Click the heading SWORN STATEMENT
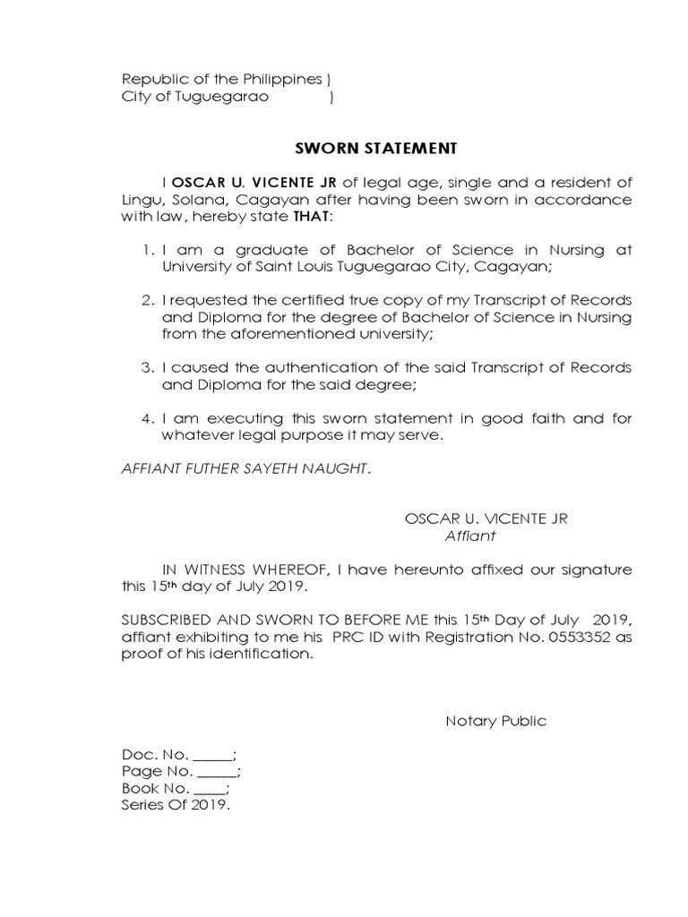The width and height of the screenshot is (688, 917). tap(376, 147)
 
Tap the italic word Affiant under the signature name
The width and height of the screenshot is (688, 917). tap(470, 536)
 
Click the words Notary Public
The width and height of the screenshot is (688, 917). tap(495, 722)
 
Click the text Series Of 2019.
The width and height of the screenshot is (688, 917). tap(176, 805)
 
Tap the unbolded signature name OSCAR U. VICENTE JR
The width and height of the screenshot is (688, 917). tap(486, 519)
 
